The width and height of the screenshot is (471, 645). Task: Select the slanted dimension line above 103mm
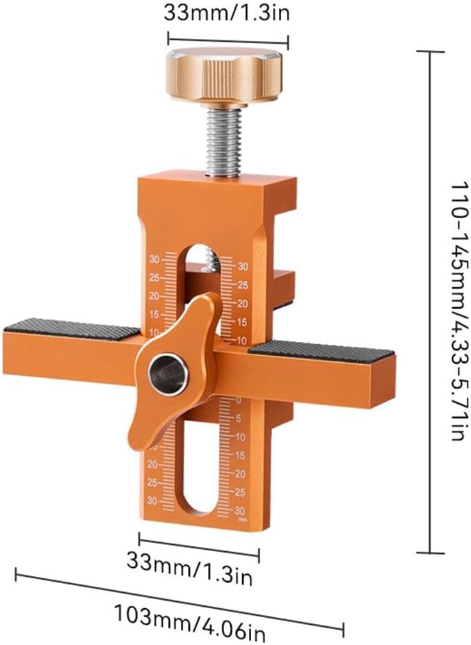click(x=179, y=602)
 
